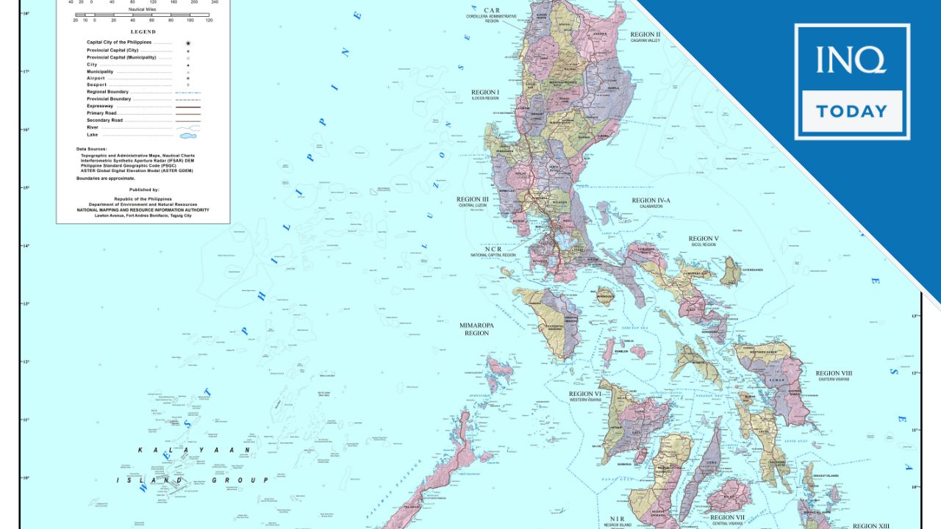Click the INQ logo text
(x=851, y=60)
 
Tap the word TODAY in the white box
(x=851, y=112)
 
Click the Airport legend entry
(x=96, y=79)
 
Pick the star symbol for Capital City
(x=187, y=43)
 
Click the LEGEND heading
(x=143, y=32)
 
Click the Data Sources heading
(x=91, y=149)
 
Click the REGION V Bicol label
(x=704, y=240)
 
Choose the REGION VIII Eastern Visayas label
(x=834, y=375)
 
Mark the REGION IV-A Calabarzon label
(x=651, y=202)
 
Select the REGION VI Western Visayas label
(x=585, y=397)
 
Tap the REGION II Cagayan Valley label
(x=645, y=36)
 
